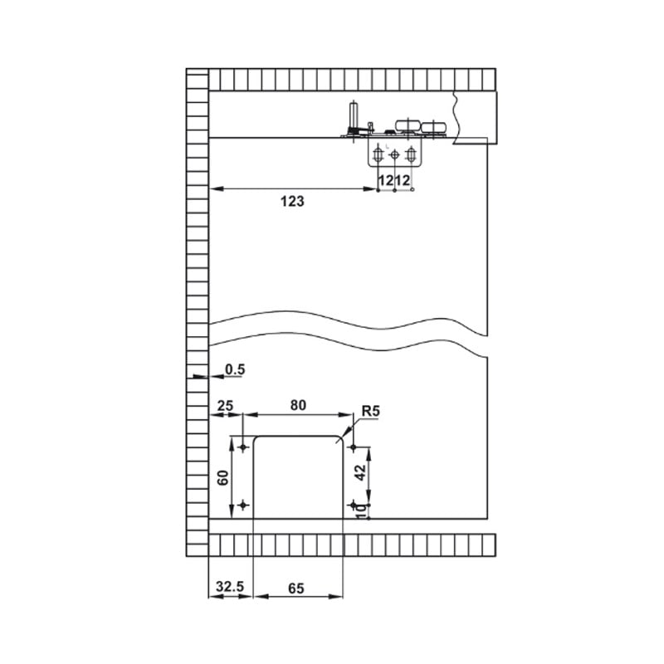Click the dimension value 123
tap(292, 201)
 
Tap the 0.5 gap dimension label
tap(235, 369)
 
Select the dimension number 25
tap(225, 406)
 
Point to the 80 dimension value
tap(298, 405)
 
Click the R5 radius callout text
tap(371, 411)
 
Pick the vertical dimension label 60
tap(223, 478)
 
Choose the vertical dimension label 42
tap(360, 472)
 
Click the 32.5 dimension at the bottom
tap(230, 587)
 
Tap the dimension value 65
tap(296, 588)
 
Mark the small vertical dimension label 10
tap(360, 511)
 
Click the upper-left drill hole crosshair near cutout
tap(243, 447)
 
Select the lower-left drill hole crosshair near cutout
tap(243, 505)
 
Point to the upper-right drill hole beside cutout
tap(354, 447)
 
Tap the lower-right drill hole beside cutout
tap(354, 505)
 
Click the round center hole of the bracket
tap(394, 154)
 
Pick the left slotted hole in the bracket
tap(378, 154)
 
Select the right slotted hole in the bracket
tap(410, 154)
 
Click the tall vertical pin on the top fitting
tap(352, 115)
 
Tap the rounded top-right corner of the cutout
tap(339, 440)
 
